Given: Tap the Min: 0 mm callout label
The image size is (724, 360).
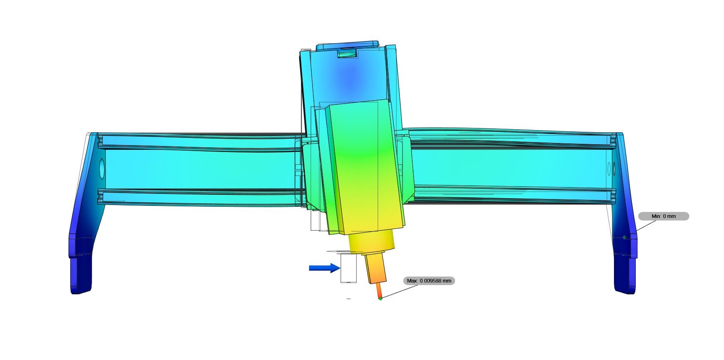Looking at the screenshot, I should [x=663, y=216].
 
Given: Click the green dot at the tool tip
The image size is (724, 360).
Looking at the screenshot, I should [x=380, y=298].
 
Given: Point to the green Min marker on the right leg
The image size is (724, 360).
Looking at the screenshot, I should [x=624, y=237].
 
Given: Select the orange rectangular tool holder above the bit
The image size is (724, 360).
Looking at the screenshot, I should [x=375, y=268].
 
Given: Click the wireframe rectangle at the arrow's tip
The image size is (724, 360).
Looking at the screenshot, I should [x=348, y=268].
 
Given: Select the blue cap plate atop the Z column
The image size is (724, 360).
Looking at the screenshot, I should [x=347, y=45].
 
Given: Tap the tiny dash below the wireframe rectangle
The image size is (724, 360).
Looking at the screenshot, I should [x=349, y=299].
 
